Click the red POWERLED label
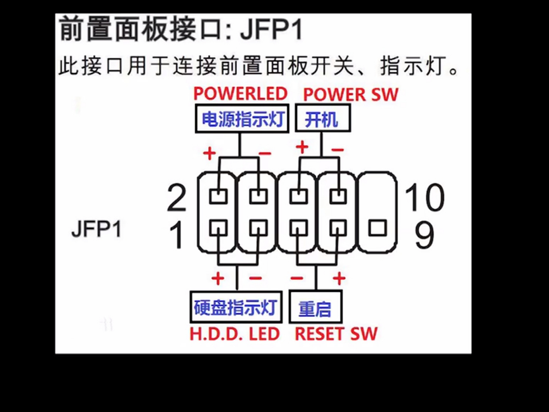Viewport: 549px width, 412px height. click(240, 94)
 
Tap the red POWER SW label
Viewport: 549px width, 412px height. click(351, 95)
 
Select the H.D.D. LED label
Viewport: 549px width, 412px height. click(234, 334)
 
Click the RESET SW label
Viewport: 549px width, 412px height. click(336, 334)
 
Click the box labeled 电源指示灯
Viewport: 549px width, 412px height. click(242, 118)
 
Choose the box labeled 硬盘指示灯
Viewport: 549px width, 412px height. click(236, 307)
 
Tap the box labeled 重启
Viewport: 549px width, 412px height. click(315, 307)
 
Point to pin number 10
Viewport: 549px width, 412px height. click(425, 197)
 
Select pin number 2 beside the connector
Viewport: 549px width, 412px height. click(177, 198)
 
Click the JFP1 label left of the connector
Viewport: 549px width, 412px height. click(96, 229)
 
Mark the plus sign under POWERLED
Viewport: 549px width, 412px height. click(209, 153)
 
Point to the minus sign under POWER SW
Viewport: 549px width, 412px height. click(337, 150)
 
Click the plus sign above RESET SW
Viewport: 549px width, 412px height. click(339, 278)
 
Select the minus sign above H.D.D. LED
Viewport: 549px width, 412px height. click(255, 278)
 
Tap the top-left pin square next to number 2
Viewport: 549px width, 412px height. click(218, 196)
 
